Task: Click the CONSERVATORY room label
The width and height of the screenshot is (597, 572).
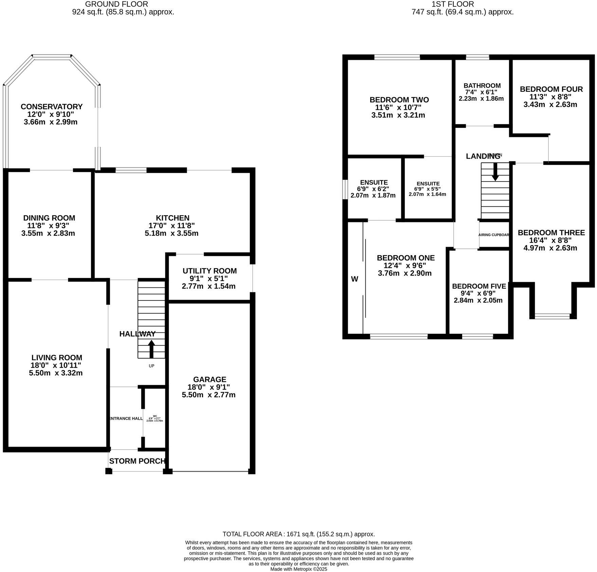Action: point(51,107)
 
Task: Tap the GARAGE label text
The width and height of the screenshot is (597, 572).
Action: point(210,379)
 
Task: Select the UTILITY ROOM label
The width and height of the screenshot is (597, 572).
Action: point(210,271)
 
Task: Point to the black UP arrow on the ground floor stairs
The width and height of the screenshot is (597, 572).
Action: point(151,349)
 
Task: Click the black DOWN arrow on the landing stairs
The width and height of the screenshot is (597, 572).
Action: point(495,172)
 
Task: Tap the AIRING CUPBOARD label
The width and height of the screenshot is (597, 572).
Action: point(494,235)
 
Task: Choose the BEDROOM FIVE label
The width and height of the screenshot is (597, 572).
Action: point(479,286)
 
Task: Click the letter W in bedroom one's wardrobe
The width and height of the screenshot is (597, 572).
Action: point(355,279)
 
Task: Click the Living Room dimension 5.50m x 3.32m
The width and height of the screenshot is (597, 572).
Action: point(56,373)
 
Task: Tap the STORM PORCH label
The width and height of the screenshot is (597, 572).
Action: point(137,461)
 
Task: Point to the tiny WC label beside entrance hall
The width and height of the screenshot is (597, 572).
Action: point(155,416)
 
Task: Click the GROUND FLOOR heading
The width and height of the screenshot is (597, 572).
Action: point(116,4)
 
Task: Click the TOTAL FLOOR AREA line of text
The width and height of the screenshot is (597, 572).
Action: point(298,534)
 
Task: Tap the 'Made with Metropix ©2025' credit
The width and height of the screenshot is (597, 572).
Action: point(298,569)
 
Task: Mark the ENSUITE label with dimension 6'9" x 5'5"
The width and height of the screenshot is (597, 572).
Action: point(428,184)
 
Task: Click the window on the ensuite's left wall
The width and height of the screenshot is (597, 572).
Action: point(345,189)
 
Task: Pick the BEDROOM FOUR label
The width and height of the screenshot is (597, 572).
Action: point(551,89)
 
